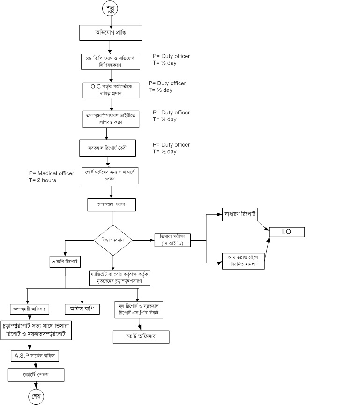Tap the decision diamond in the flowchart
point(113,240)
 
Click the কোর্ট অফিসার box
point(141,337)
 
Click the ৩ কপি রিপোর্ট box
point(65,261)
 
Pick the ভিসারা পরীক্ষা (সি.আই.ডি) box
point(174,240)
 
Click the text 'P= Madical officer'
point(52,173)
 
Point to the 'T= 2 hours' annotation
point(43,180)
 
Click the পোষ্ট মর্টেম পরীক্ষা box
point(111,205)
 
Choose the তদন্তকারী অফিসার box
point(31,309)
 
